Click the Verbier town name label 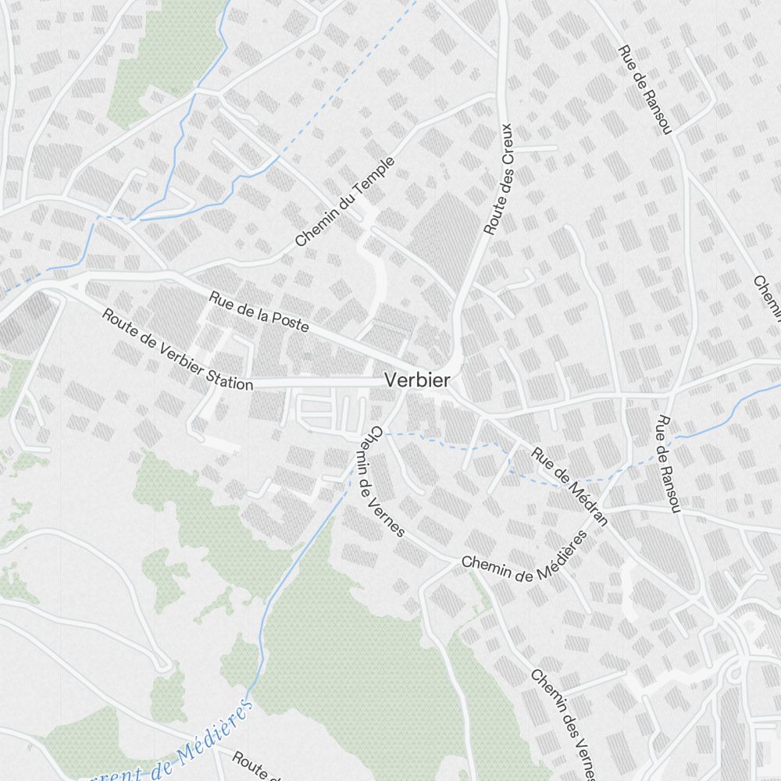click(x=417, y=381)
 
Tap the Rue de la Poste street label click(x=259, y=310)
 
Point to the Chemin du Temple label click(x=345, y=202)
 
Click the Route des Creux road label click(x=497, y=179)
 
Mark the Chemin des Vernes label click(x=563, y=723)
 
